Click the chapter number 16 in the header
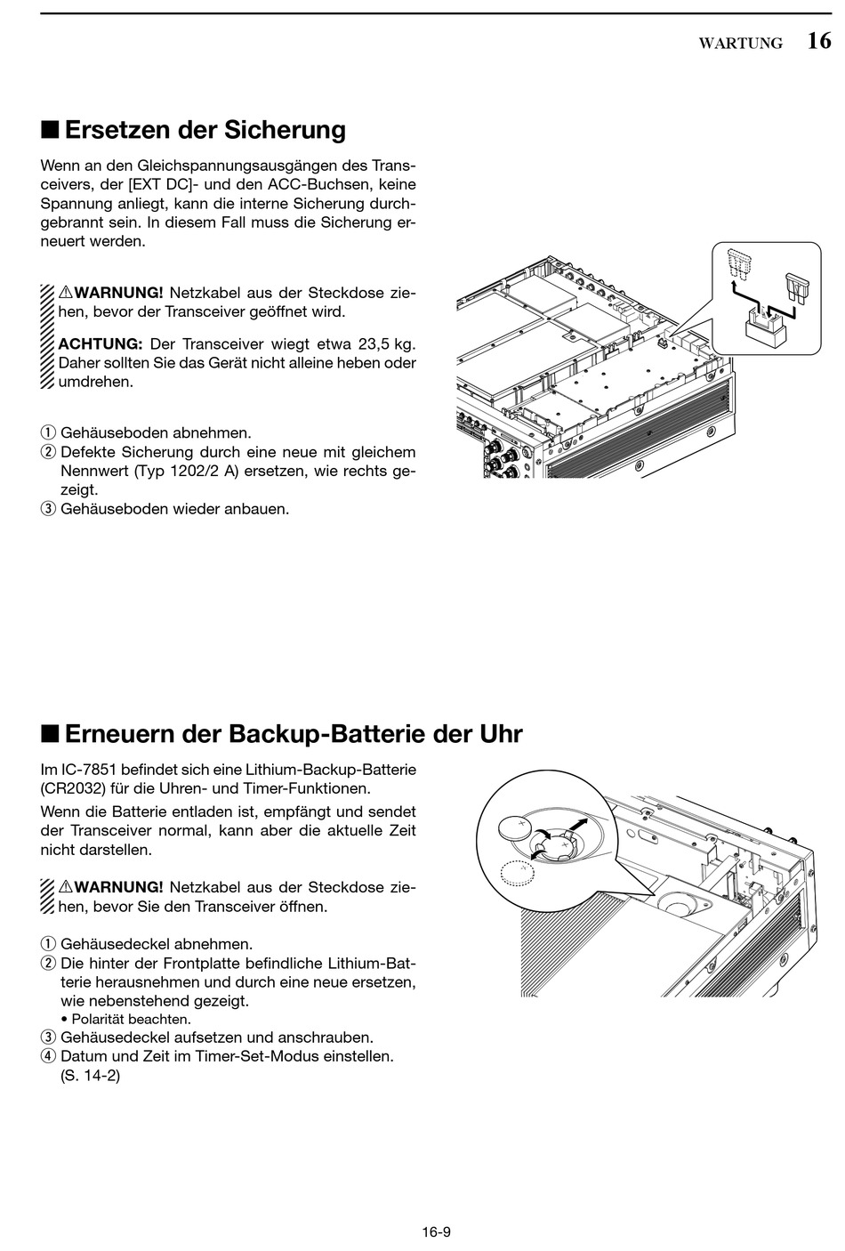819,41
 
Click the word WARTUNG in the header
740,44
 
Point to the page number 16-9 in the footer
437,1232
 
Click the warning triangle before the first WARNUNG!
66,293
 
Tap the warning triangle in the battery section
66,887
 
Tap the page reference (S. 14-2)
90,1076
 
